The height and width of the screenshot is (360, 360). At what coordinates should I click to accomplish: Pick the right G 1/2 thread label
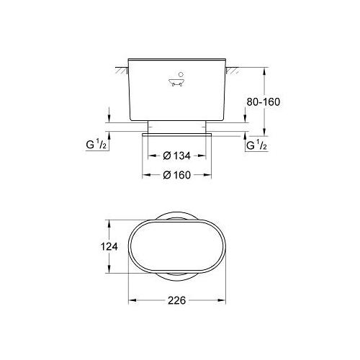(257, 146)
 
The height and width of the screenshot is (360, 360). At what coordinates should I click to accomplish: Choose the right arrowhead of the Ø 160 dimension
(210, 174)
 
